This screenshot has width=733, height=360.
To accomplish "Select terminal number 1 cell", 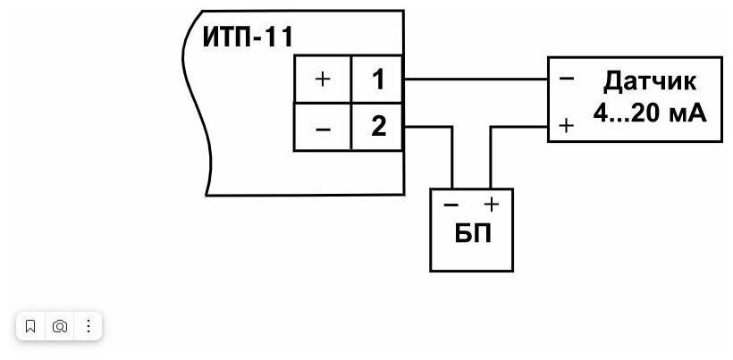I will pos(378,80).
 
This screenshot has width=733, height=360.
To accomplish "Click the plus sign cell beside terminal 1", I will pos(323,80).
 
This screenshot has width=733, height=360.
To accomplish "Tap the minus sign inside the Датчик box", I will pos(566,80).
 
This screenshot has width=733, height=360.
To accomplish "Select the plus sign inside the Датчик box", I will pos(566,126).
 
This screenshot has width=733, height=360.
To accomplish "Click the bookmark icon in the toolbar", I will pos(30,326).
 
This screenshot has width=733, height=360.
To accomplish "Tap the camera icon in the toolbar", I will pos(59,326).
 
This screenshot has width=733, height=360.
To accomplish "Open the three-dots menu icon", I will pos(88,326).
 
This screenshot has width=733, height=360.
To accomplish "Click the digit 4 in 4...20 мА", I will pos(600,113).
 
